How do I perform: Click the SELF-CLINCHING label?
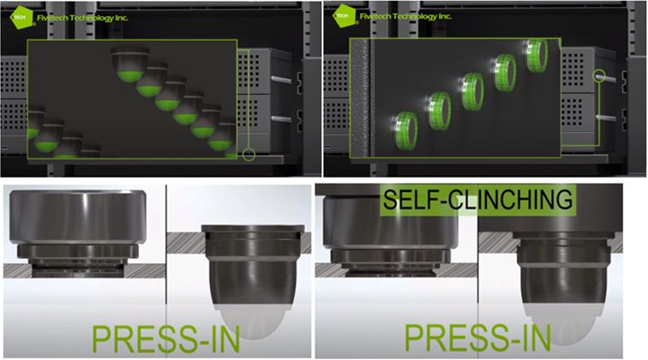477,200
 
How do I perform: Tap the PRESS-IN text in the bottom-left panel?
165,339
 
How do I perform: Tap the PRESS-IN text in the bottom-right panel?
477,338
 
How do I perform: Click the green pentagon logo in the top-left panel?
21,17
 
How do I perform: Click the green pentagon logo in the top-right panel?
344,16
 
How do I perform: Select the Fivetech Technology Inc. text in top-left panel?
82,18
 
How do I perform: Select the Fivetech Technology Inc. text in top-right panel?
405,16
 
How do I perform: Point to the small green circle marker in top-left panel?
249,154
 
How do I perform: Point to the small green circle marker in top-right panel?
599,75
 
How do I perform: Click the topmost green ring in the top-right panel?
537,55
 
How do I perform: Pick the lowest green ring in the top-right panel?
405,130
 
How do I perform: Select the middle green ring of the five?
471,92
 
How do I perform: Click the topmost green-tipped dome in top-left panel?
129,64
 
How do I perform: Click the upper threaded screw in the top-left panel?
281,79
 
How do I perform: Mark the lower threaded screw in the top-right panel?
606,118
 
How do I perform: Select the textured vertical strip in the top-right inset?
360,99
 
